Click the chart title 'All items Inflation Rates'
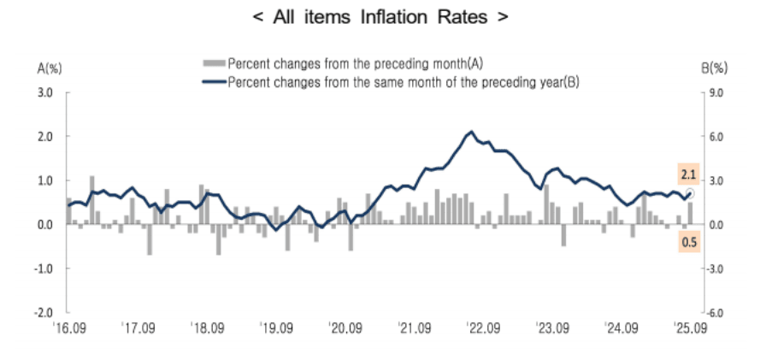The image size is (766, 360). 381,18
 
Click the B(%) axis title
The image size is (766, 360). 714,68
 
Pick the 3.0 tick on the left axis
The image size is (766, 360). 46,92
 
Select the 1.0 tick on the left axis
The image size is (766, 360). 46,180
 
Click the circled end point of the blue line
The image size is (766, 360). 691,193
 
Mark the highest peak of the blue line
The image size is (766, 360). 471,132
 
